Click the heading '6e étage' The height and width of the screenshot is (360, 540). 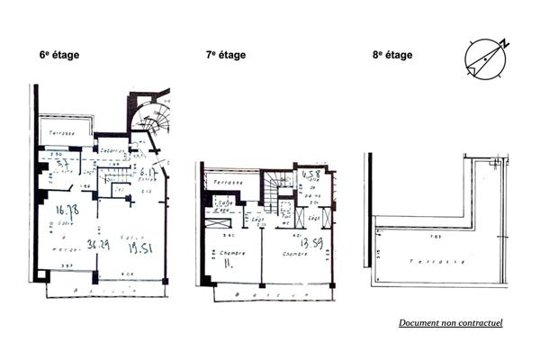point(59,55)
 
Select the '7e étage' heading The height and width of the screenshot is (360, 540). point(225,55)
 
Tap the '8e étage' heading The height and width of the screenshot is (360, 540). point(392,55)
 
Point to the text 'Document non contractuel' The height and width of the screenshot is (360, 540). point(451,322)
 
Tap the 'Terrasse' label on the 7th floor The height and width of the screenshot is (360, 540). point(229,182)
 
